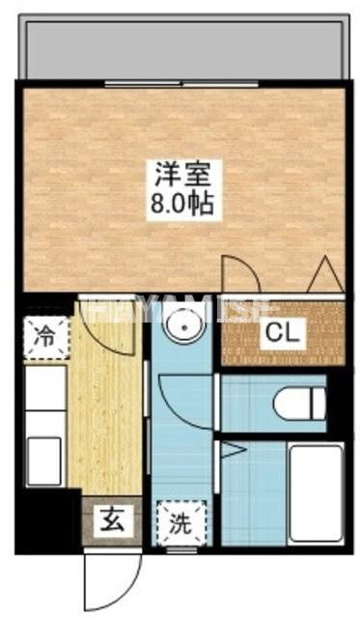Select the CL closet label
click(283, 334)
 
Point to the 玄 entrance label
click(109, 522)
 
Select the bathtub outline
click(316, 495)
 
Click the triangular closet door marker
click(321, 276)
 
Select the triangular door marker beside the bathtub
click(231, 449)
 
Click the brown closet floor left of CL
click(241, 333)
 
